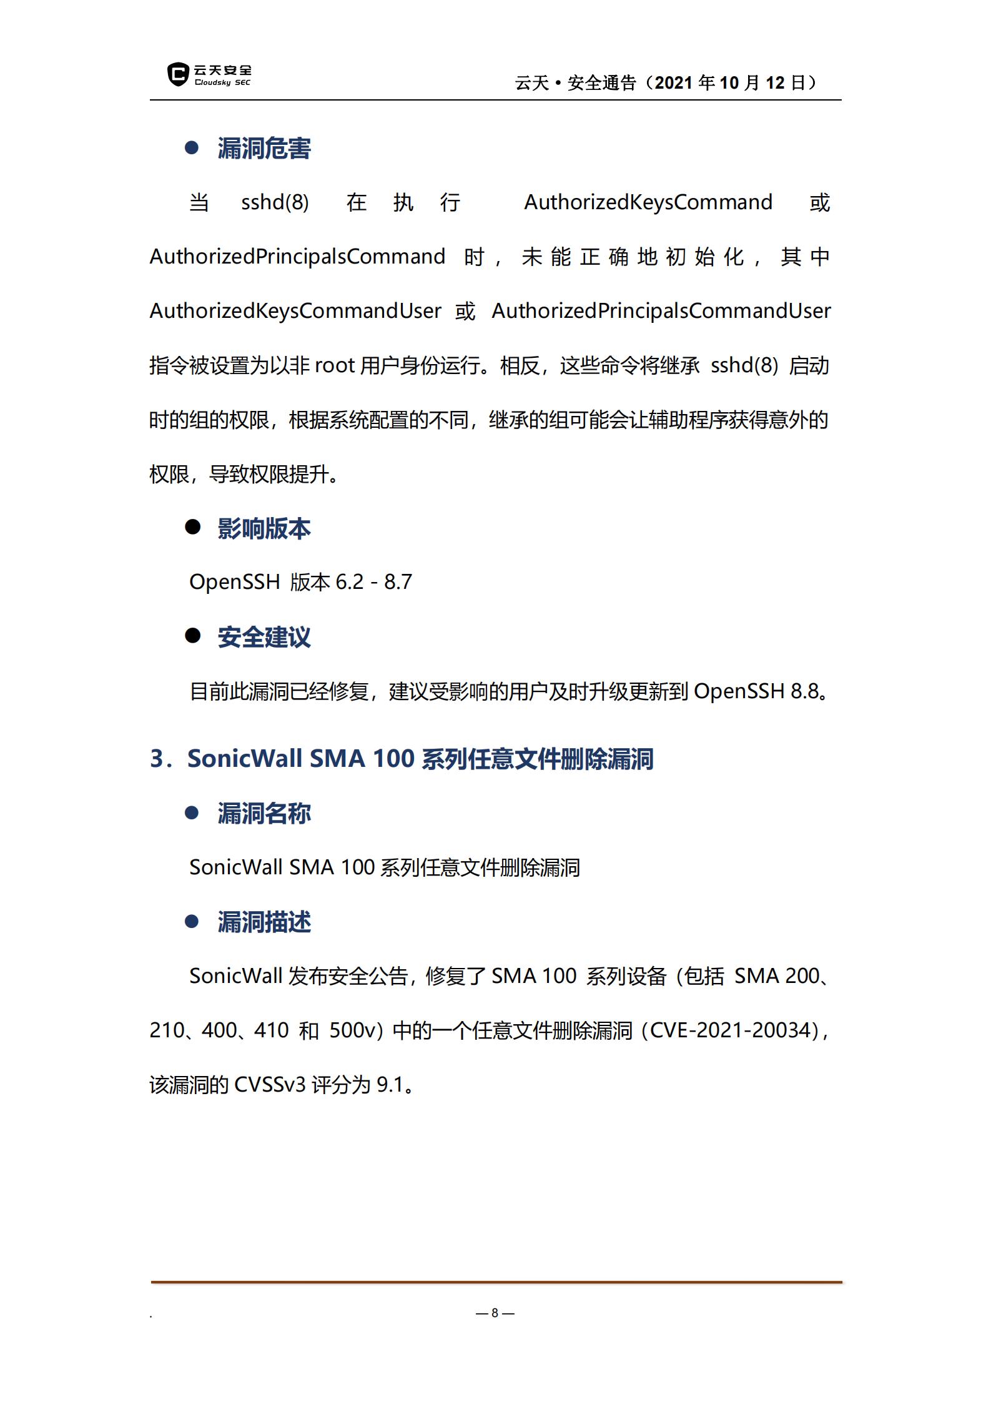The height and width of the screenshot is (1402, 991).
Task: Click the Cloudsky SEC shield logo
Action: [x=179, y=74]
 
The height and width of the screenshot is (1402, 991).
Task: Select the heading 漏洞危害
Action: [x=264, y=149]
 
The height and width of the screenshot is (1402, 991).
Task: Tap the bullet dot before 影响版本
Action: [x=192, y=527]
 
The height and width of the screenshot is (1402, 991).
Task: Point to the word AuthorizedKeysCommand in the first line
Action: [x=648, y=202]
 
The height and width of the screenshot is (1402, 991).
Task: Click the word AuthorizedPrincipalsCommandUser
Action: [x=661, y=311]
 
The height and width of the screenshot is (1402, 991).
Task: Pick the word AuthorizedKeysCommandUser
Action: [x=295, y=311]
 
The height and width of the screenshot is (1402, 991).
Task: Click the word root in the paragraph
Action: [x=335, y=365]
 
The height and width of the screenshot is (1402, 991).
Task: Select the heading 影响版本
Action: [x=264, y=528]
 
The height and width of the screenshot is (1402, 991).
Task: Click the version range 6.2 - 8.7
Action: [x=373, y=582]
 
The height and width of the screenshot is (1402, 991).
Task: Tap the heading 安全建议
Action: [x=264, y=637]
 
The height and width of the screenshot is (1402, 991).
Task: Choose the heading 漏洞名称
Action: [x=264, y=813]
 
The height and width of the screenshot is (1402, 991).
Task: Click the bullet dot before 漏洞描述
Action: [x=192, y=921]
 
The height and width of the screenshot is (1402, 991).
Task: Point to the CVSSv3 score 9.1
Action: [x=390, y=1085]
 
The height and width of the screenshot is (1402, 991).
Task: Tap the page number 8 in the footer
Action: [x=495, y=1313]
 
